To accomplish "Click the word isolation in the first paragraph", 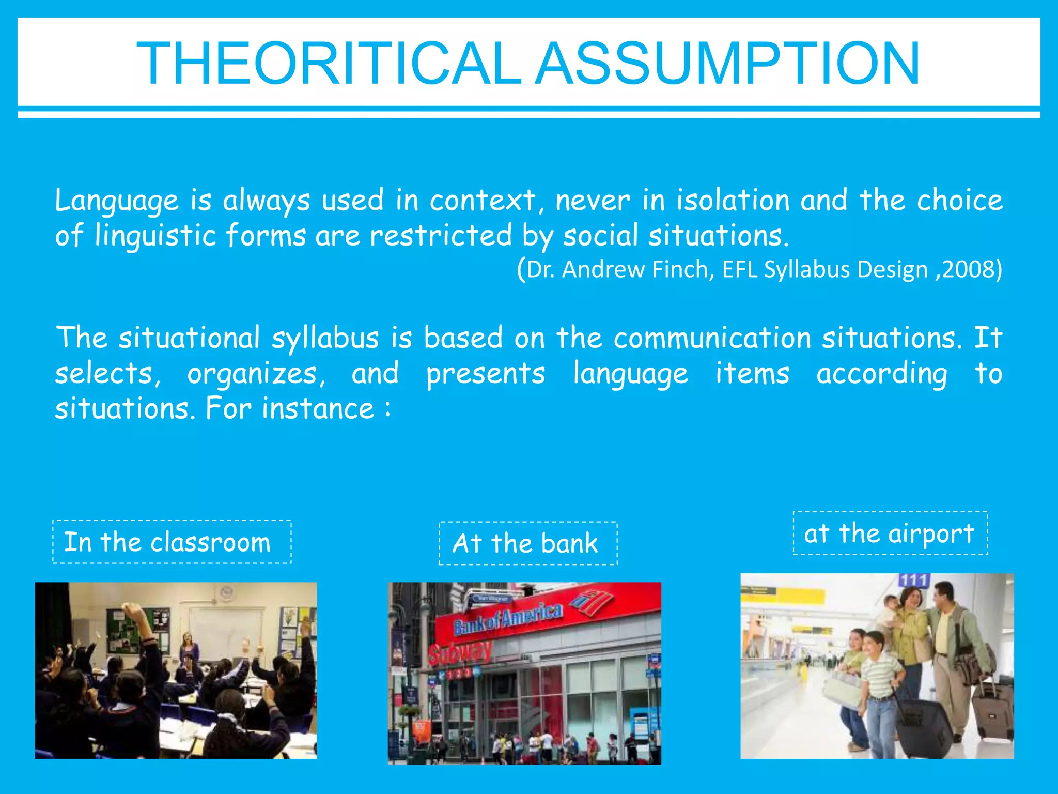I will (734, 201).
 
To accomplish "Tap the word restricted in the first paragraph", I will (441, 236).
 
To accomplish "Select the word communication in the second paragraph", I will (712, 338).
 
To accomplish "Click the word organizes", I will (256, 374).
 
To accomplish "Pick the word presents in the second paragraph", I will (486, 374).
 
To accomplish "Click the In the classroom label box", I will (172, 542).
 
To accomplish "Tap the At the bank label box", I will (527, 543).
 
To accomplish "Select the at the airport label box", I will (890, 533).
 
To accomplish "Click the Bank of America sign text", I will (508, 619).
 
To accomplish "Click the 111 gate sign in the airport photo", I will (913, 581).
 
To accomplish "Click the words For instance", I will (289, 409).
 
